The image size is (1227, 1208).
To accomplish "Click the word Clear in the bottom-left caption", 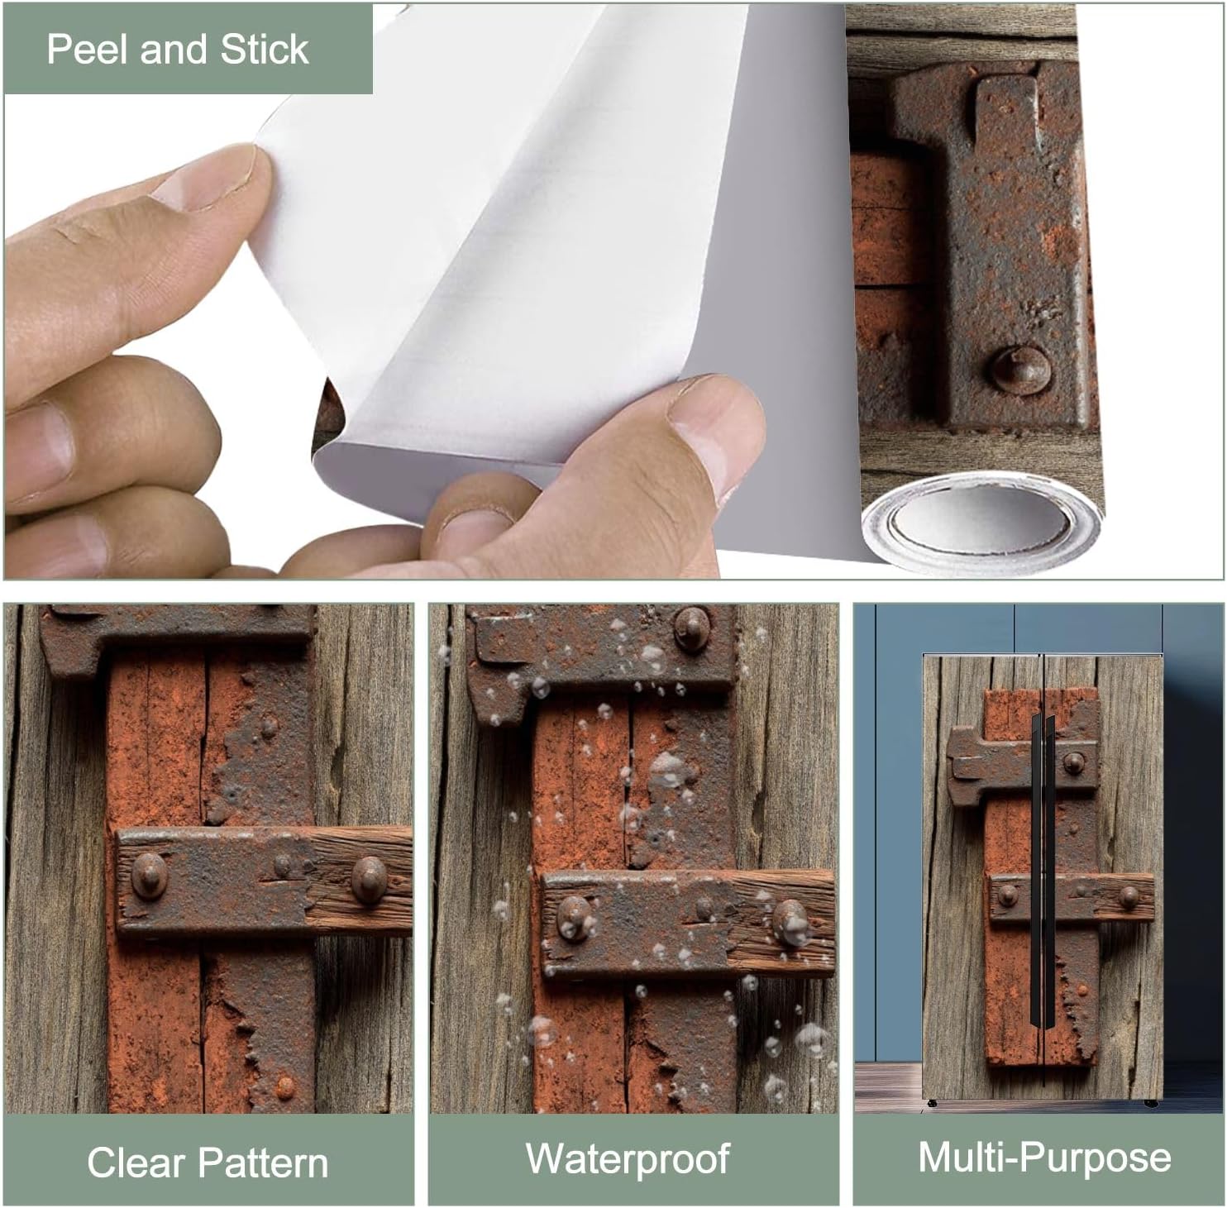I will [x=134, y=1163].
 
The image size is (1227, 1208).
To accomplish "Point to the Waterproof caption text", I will [x=628, y=1158].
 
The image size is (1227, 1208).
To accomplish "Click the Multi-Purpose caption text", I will [x=1044, y=1157].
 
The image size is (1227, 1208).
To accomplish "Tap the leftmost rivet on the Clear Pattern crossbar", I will [x=150, y=874].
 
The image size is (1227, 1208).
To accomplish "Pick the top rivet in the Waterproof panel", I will [x=692, y=627].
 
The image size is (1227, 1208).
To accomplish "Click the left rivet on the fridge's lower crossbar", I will [x=1008, y=895].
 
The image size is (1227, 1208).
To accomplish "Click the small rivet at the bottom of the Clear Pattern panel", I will [x=284, y=1085].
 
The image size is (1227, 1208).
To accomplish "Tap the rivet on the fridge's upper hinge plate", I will [x=1073, y=762].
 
